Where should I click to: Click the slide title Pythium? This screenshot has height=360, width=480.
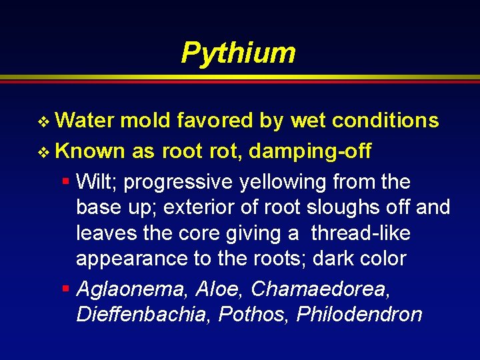click(x=238, y=53)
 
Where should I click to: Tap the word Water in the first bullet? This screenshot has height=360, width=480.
click(x=85, y=121)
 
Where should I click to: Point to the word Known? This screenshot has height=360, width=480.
click(x=90, y=151)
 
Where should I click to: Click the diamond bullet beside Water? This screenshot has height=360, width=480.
click(x=45, y=121)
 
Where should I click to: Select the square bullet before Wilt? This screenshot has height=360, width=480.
click(x=66, y=181)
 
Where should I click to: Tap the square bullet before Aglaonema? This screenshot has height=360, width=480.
click(x=66, y=289)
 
